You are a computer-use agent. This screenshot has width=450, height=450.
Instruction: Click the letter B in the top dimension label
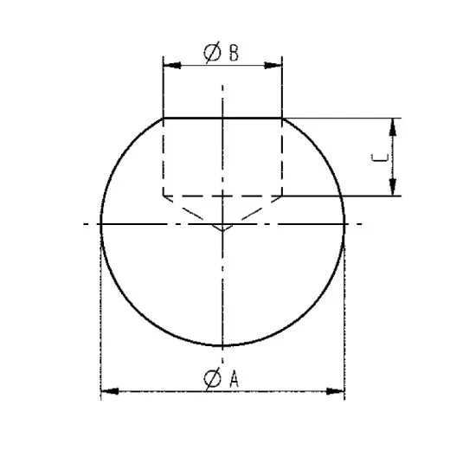click(234, 53)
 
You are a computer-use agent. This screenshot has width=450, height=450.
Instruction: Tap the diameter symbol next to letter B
click(212, 53)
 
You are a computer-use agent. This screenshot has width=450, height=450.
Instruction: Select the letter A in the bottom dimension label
click(234, 377)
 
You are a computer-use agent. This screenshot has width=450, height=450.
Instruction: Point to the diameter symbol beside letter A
click(212, 377)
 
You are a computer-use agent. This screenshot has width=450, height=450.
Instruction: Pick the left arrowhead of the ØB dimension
click(170, 65)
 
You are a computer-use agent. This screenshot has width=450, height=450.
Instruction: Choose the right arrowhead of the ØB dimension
click(277, 65)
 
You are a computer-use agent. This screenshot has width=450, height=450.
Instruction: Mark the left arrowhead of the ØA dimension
click(107, 392)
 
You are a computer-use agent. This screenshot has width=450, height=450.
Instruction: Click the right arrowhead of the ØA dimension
click(338, 392)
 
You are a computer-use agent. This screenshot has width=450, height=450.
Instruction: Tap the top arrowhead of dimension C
click(394, 125)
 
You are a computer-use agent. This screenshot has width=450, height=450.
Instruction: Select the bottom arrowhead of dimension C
click(394, 189)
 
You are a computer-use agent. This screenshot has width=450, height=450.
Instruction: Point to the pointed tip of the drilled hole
click(223, 230)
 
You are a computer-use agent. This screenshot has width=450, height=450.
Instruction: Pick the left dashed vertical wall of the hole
click(164, 156)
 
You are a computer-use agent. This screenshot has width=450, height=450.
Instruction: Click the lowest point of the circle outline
click(223, 346)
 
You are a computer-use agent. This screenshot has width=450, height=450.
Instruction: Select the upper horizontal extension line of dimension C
click(346, 118)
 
